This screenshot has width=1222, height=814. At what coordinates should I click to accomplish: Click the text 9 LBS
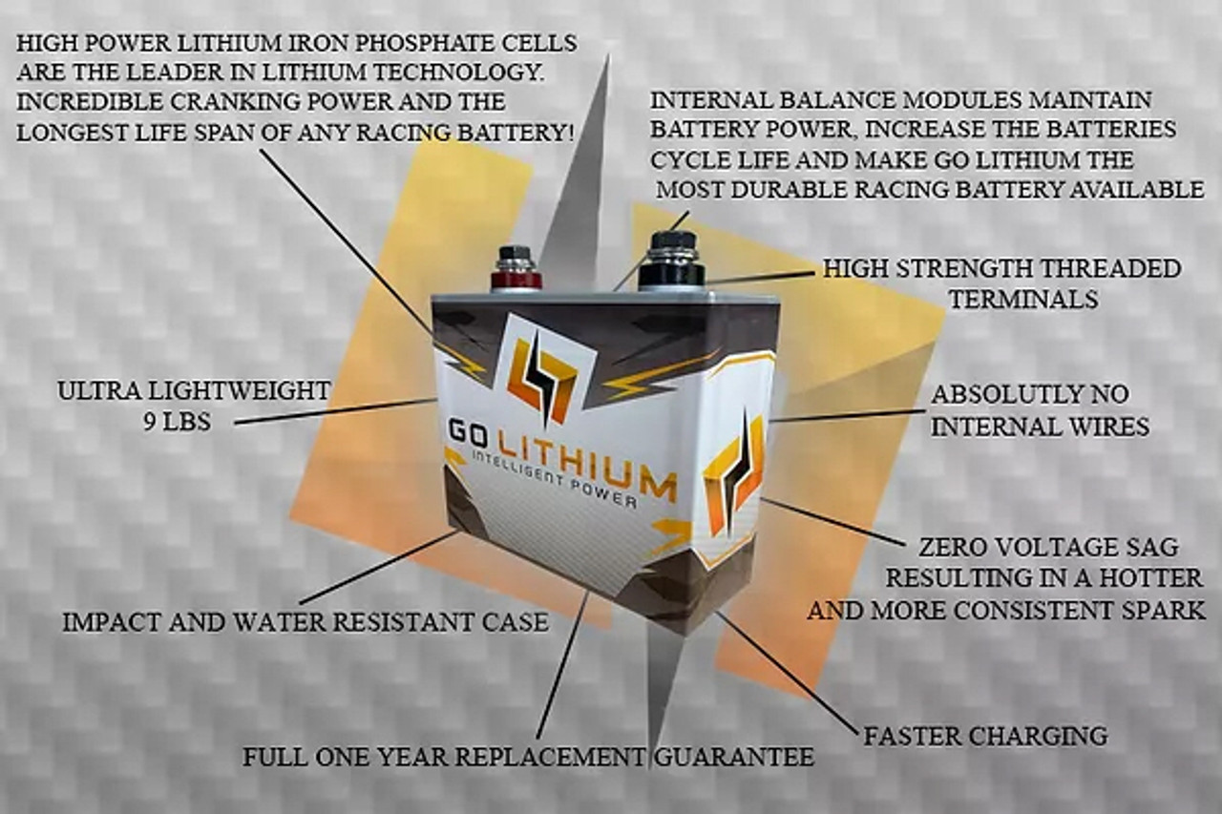178,422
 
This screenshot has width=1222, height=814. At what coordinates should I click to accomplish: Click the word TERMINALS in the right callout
1024,300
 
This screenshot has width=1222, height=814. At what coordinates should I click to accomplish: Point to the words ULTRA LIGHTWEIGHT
194,391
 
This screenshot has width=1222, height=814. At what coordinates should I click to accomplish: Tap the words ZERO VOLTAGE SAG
1048,547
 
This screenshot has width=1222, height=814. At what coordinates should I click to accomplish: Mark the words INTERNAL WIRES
1040,427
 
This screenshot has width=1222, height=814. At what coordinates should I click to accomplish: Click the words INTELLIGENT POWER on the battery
554,481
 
